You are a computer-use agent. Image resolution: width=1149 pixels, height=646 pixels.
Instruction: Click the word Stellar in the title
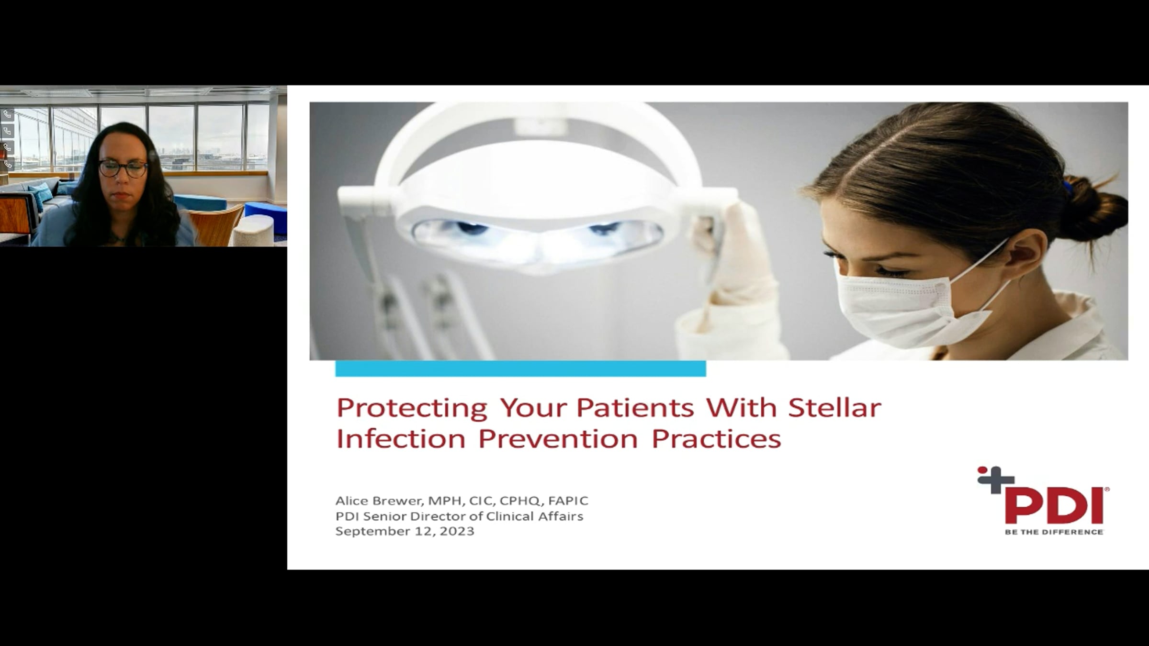tap(834, 408)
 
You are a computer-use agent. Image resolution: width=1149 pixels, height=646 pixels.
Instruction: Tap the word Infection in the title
tap(401, 438)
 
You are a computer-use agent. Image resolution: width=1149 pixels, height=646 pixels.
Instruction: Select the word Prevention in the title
tap(558, 438)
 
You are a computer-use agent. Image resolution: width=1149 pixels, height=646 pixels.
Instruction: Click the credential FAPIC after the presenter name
tap(568, 501)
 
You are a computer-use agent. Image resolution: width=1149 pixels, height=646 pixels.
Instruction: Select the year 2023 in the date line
tap(457, 531)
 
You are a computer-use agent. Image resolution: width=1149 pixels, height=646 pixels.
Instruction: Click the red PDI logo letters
tap(1054, 506)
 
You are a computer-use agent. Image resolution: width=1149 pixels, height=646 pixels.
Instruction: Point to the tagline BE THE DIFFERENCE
tap(1054, 532)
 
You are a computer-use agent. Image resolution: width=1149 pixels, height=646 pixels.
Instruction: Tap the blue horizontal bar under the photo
tap(520, 368)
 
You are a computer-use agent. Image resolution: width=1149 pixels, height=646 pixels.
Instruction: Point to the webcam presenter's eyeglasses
tap(123, 168)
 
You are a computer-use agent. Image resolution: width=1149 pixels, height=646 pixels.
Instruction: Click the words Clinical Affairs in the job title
tap(534, 516)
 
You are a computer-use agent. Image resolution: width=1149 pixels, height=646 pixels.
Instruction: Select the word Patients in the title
tap(635, 408)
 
